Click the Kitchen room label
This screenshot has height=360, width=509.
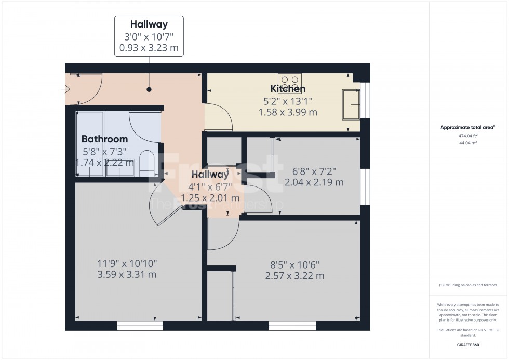288,89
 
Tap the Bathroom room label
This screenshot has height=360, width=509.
104,139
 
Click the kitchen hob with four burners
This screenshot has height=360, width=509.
289,81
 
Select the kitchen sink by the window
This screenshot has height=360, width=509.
351,104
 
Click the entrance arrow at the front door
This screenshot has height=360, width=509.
65,90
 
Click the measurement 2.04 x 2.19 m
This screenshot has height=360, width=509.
314,182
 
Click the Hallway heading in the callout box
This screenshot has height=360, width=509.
149,24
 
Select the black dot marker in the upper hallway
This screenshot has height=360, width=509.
149,89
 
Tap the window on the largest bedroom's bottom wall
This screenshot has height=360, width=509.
140,326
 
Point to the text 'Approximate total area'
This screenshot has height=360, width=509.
467,127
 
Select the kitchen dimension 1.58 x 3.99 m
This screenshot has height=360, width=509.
288,112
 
